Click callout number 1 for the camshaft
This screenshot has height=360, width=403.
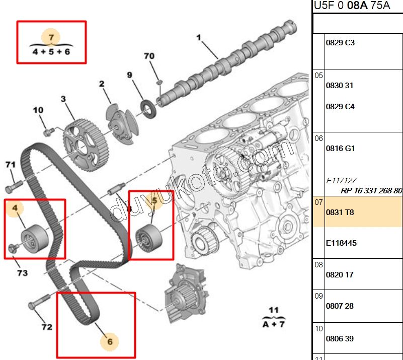point(198,37)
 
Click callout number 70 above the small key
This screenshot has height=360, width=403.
point(149,56)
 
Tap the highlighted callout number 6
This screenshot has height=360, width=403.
point(110,342)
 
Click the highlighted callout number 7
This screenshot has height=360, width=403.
point(51,37)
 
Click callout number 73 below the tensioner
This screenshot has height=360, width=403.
point(22,273)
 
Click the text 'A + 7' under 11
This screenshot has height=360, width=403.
point(273,324)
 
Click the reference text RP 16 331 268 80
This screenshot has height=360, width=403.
point(371,190)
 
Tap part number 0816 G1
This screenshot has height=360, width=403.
point(341,149)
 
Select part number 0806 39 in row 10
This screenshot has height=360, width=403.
point(340,339)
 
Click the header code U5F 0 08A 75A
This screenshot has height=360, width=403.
point(352,6)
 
